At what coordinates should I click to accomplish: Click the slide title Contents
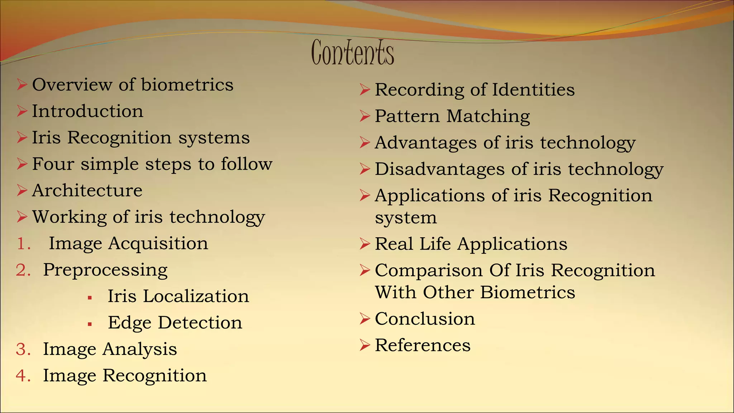353,53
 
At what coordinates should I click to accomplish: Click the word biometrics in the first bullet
187,85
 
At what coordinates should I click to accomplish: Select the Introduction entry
88,111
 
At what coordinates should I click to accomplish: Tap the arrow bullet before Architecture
22,190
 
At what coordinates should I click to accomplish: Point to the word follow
247,164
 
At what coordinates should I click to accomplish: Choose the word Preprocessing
105,270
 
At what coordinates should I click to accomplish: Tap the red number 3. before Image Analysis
23,350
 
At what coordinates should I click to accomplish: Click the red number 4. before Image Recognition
23,376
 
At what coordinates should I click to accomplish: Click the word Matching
488,117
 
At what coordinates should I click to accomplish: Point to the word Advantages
425,143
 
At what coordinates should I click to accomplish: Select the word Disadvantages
439,169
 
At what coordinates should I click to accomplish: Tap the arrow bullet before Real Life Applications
364,244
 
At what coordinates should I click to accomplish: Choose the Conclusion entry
425,319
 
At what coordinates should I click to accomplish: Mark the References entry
423,345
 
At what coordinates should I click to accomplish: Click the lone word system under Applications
406,218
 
